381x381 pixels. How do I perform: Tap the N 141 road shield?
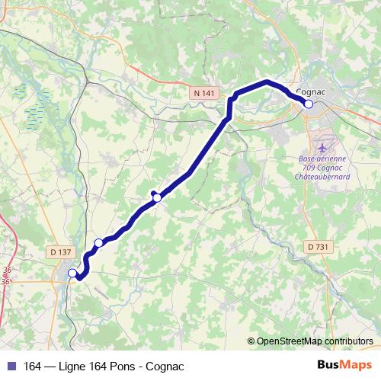tap(204, 92)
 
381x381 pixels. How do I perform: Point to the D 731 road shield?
tap(320, 246)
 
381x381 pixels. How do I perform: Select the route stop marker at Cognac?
tap(309, 104)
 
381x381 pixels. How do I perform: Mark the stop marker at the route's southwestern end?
tap(72, 273)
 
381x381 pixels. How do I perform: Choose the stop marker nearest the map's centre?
tap(157, 197)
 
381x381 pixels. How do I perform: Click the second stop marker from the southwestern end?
tap(98, 243)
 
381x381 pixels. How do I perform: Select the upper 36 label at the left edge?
tap(6, 271)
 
